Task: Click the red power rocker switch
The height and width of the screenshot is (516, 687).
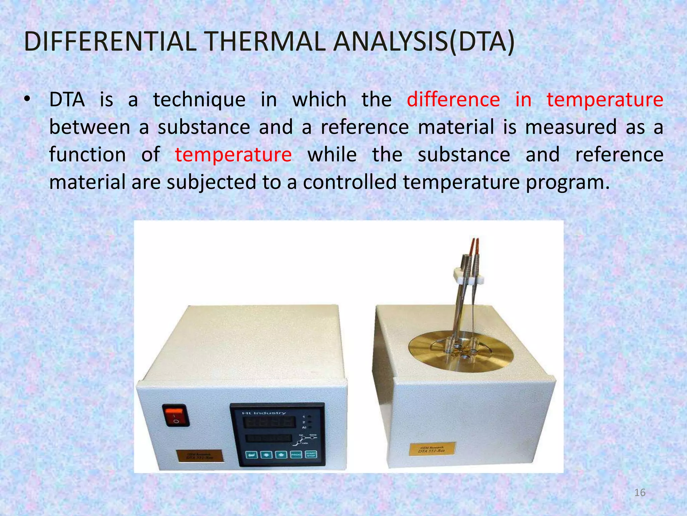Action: (x=176, y=415)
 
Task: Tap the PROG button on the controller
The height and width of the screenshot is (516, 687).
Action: (x=296, y=455)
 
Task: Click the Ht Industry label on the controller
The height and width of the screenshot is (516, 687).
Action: (x=264, y=413)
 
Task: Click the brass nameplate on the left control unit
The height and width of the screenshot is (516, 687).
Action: (x=200, y=457)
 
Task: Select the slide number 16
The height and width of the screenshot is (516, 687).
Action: (x=640, y=492)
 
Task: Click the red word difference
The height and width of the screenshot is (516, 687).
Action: (x=453, y=100)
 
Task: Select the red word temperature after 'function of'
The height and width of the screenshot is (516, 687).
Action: (x=233, y=155)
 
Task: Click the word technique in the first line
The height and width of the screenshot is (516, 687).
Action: (x=199, y=100)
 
